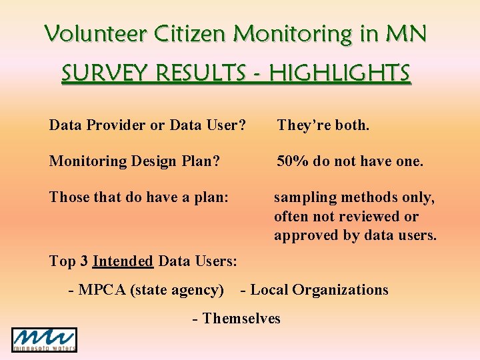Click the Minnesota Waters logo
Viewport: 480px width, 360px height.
click(x=44, y=339)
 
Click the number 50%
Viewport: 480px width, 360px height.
click(x=293, y=161)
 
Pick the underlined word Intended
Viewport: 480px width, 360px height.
click(x=123, y=261)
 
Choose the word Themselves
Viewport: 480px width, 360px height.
click(x=241, y=319)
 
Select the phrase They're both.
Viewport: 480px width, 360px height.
click(x=323, y=125)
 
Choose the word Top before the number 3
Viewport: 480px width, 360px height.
click(x=63, y=261)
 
